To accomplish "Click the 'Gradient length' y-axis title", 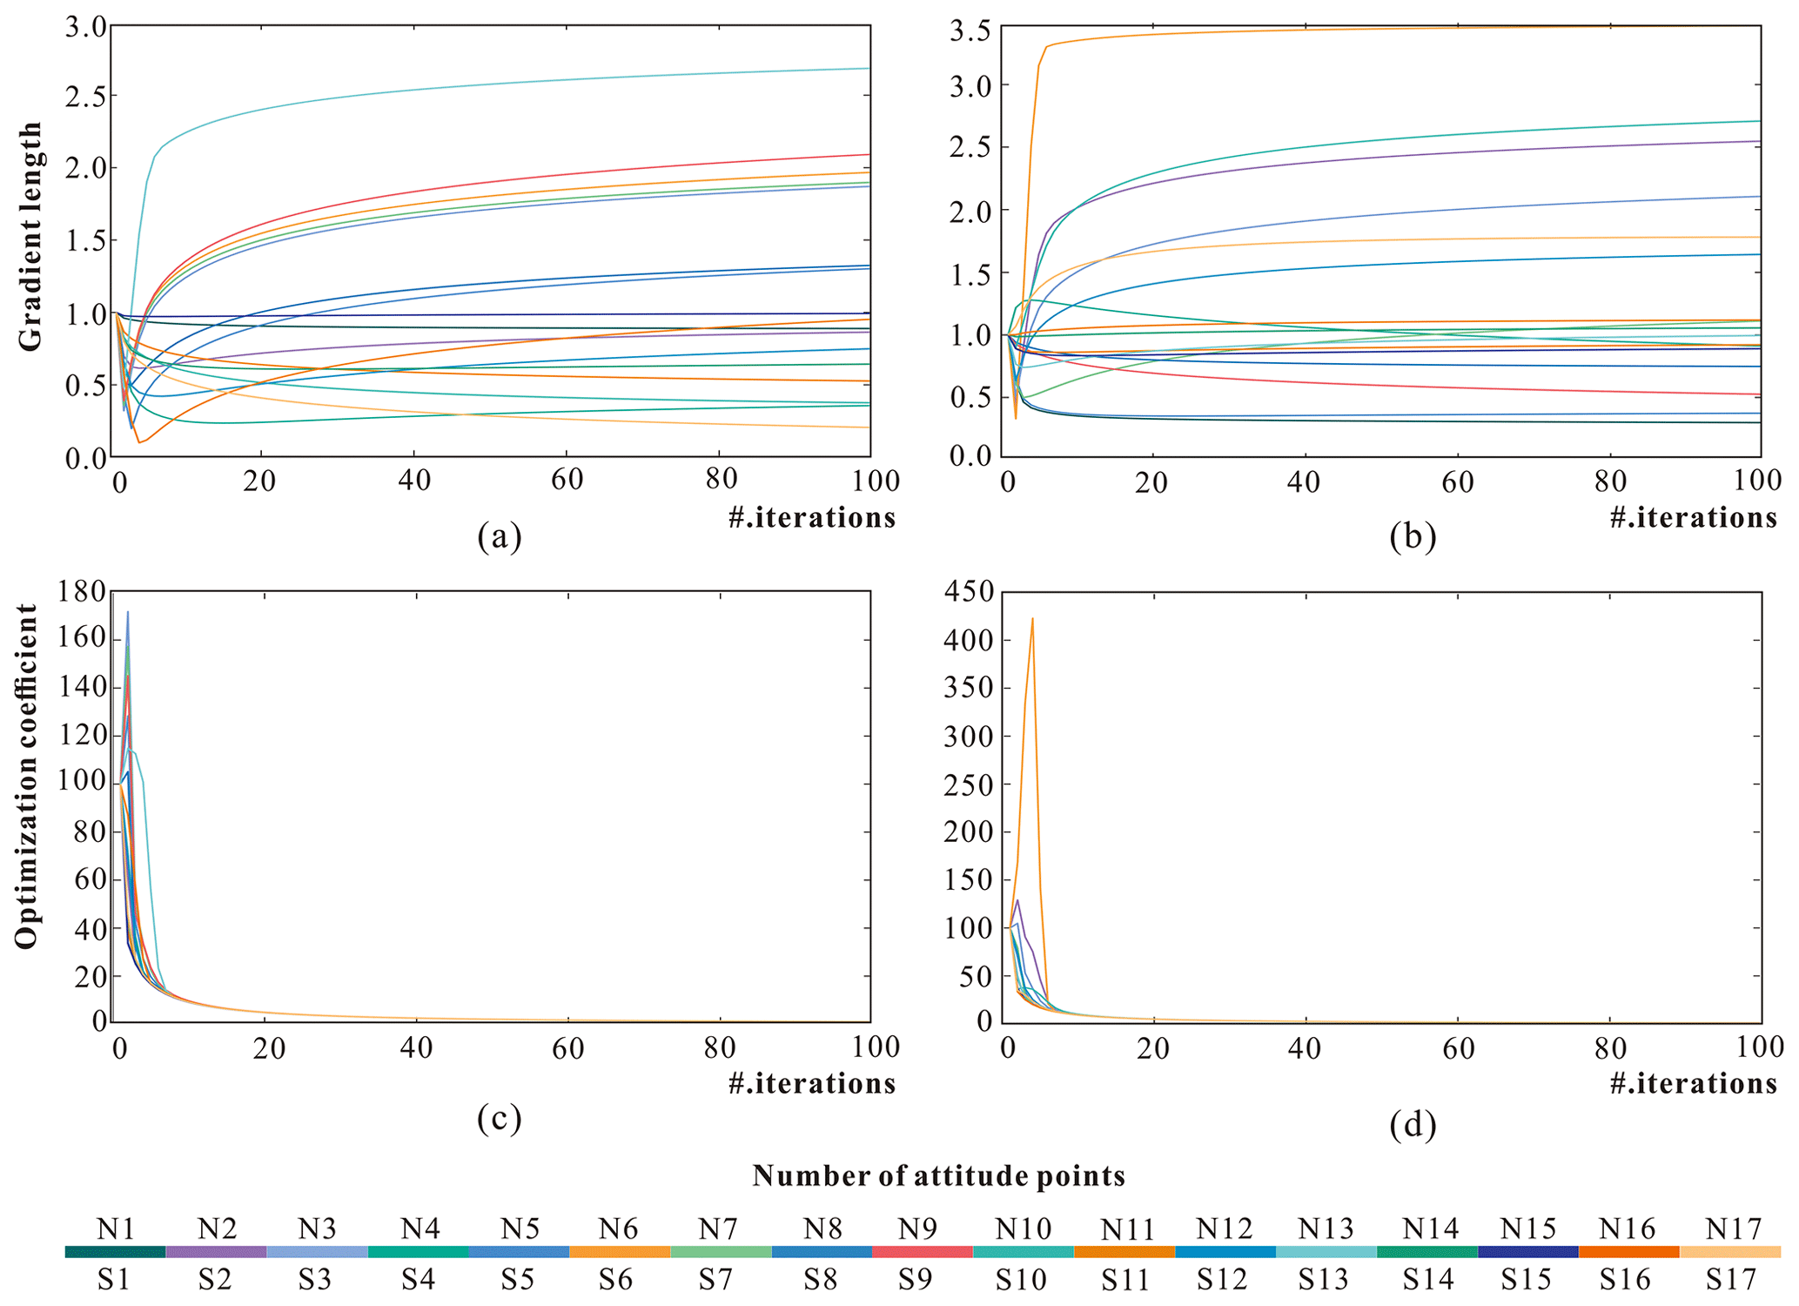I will [30, 237].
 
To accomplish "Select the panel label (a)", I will [499, 536].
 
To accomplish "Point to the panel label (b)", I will [1413, 536].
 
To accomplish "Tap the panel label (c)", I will [499, 1118].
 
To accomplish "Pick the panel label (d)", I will [1413, 1125].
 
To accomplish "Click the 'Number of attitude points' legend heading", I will [938, 1176].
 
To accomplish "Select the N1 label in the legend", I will [116, 1229].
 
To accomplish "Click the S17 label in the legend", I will [1730, 1279].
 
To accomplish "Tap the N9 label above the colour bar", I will [917, 1229].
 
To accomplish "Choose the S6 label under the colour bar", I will [619, 1279].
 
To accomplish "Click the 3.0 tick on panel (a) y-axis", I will [85, 27].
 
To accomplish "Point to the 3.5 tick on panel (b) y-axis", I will [970, 32].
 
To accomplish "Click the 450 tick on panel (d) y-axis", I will [970, 592].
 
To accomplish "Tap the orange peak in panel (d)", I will [1032, 620].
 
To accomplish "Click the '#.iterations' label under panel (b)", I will [1693, 517].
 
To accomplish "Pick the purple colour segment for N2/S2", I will [216, 1252].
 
